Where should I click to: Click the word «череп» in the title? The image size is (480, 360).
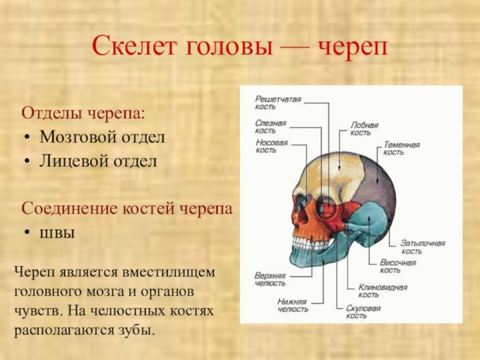(x=353, y=47)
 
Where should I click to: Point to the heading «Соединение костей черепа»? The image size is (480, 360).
(x=127, y=208)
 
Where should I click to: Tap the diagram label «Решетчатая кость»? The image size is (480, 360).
(x=277, y=103)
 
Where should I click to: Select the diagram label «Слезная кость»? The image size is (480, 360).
(x=270, y=126)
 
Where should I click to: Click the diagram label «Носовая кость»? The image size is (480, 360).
(x=271, y=146)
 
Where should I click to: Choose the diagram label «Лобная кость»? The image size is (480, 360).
(x=364, y=128)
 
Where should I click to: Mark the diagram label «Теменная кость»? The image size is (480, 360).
(x=401, y=148)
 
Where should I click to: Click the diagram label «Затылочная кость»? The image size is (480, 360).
(x=422, y=247)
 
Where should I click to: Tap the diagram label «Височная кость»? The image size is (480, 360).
(x=397, y=266)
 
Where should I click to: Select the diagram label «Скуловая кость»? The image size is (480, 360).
(x=363, y=312)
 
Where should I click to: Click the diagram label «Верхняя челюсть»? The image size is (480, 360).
(x=269, y=279)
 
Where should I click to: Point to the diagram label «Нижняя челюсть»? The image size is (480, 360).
(x=293, y=305)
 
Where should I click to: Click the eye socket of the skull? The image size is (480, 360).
(x=326, y=207)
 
